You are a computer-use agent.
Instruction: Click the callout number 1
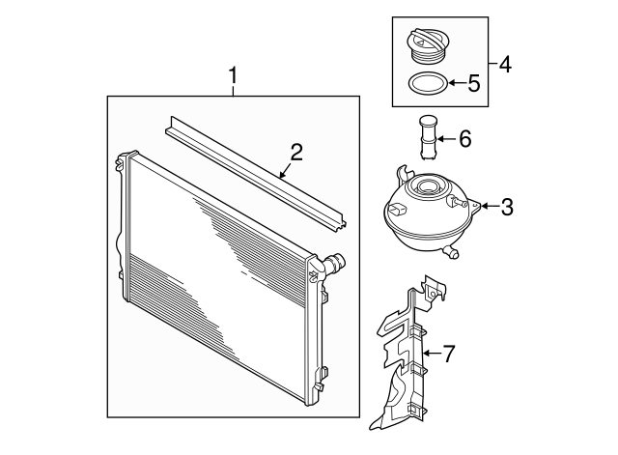[233, 75]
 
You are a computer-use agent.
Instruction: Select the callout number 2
[296, 152]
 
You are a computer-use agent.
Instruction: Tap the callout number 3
[506, 206]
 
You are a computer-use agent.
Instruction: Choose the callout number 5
[474, 83]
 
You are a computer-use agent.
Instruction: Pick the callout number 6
[464, 140]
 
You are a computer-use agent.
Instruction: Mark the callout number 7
[448, 355]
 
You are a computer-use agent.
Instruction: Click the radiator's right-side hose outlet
[335, 263]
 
